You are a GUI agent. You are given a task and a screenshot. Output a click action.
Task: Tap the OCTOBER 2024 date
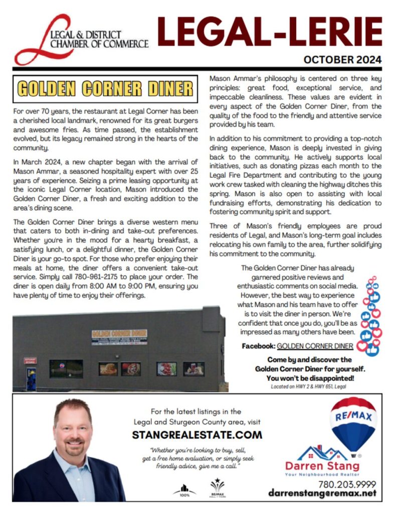coord(342,60)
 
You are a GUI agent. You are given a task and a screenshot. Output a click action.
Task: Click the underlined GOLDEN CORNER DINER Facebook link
coord(315,346)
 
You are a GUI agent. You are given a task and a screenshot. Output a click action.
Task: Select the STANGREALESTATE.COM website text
coord(197,434)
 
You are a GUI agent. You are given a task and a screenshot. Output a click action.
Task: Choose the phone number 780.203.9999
coord(346,484)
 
